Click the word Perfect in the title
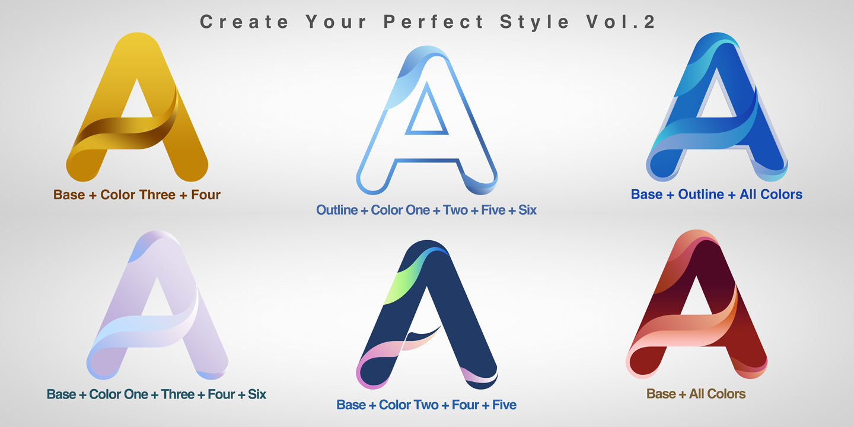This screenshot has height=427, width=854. pyautogui.click(x=434, y=22)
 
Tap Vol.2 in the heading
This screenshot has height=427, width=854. pyautogui.click(x=621, y=22)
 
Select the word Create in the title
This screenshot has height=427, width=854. pyautogui.click(x=244, y=22)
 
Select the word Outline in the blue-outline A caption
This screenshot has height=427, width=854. pyautogui.click(x=337, y=210)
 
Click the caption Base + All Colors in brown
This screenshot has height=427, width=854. pyautogui.click(x=696, y=394)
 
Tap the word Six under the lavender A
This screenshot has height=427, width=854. pyautogui.click(x=257, y=394)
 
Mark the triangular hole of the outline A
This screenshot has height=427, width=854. pyautogui.click(x=426, y=114)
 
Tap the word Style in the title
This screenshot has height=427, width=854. pyautogui.click(x=535, y=22)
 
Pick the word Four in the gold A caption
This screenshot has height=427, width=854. pyautogui.click(x=205, y=195)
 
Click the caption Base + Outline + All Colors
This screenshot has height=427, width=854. pyautogui.click(x=716, y=195)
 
